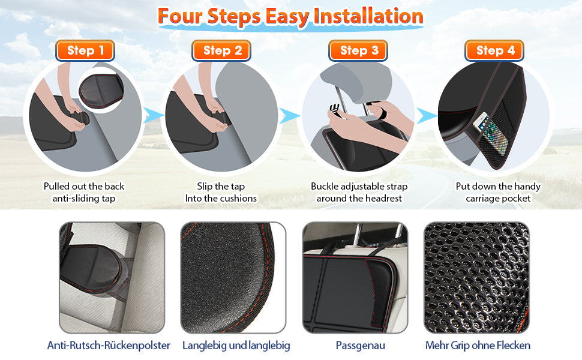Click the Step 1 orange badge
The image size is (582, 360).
[x=85, y=50]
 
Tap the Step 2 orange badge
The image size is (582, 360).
[x=221, y=50]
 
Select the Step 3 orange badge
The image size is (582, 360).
[x=358, y=50]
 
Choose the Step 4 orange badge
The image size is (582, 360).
[x=494, y=50]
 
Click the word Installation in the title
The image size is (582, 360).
[x=368, y=17]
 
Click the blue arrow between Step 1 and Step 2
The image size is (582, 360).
[x=153, y=115]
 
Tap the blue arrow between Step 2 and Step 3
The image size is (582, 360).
[x=290, y=115]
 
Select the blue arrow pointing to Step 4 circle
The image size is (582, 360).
[x=427, y=115]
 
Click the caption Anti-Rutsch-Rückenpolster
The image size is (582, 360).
[x=109, y=346]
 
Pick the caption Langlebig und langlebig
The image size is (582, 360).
[x=236, y=346]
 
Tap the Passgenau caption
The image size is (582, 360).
[x=361, y=346]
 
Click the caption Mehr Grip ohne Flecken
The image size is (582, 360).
[x=478, y=346]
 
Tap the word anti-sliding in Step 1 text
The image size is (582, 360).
[x=76, y=199]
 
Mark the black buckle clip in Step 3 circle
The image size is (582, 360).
[x=335, y=110]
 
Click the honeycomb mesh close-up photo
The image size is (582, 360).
[x=476, y=277]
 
